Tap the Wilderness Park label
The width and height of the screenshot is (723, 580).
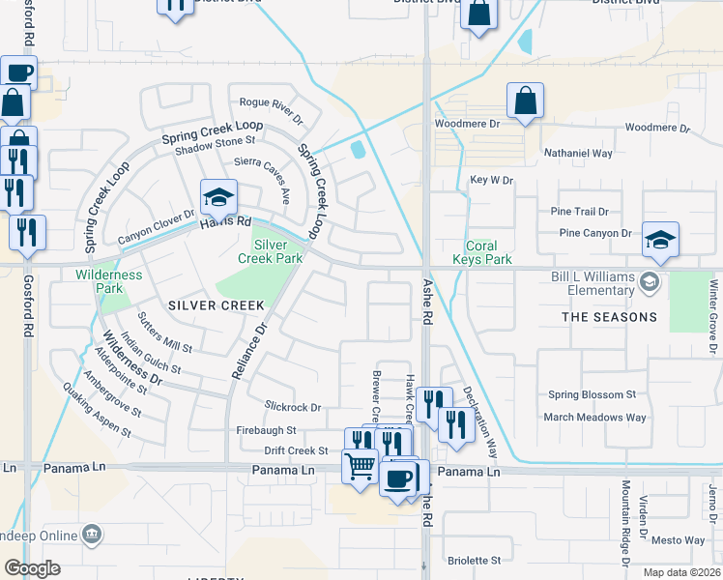(108, 281)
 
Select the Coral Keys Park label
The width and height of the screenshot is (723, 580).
(481, 252)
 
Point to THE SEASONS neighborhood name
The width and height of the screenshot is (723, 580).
(610, 317)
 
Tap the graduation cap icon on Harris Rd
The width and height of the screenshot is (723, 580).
(218, 198)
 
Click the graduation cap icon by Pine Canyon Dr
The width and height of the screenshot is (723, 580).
(661, 239)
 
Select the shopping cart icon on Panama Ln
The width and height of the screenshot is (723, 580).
(361, 466)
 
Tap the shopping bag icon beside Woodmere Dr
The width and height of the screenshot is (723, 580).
(525, 100)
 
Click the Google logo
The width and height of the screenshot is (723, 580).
(33, 567)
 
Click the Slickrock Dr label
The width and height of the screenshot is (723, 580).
(292, 408)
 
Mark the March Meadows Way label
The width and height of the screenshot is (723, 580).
(594, 418)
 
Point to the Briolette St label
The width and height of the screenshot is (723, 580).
(475, 560)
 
